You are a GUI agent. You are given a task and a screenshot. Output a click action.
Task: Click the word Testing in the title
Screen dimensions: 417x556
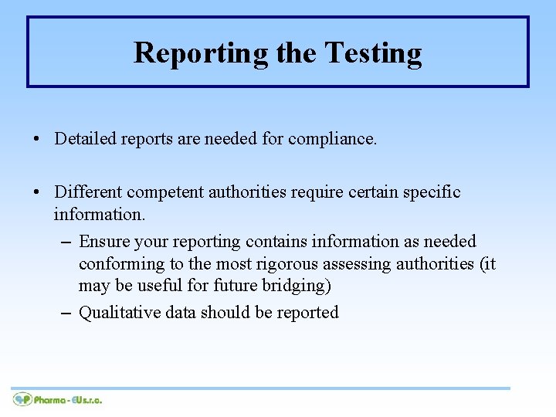373,53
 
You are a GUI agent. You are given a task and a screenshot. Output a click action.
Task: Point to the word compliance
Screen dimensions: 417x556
332,139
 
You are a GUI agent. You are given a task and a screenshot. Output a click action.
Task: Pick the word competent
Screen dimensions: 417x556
161,192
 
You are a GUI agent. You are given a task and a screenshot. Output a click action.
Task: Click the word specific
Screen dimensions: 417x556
432,192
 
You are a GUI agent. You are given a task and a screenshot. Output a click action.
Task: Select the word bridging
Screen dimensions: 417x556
296,285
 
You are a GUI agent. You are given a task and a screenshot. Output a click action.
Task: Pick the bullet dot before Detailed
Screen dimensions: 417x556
36,140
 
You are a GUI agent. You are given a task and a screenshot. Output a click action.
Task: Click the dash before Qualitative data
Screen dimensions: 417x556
66,314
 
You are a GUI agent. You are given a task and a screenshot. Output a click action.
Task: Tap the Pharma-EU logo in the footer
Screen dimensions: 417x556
58,399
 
